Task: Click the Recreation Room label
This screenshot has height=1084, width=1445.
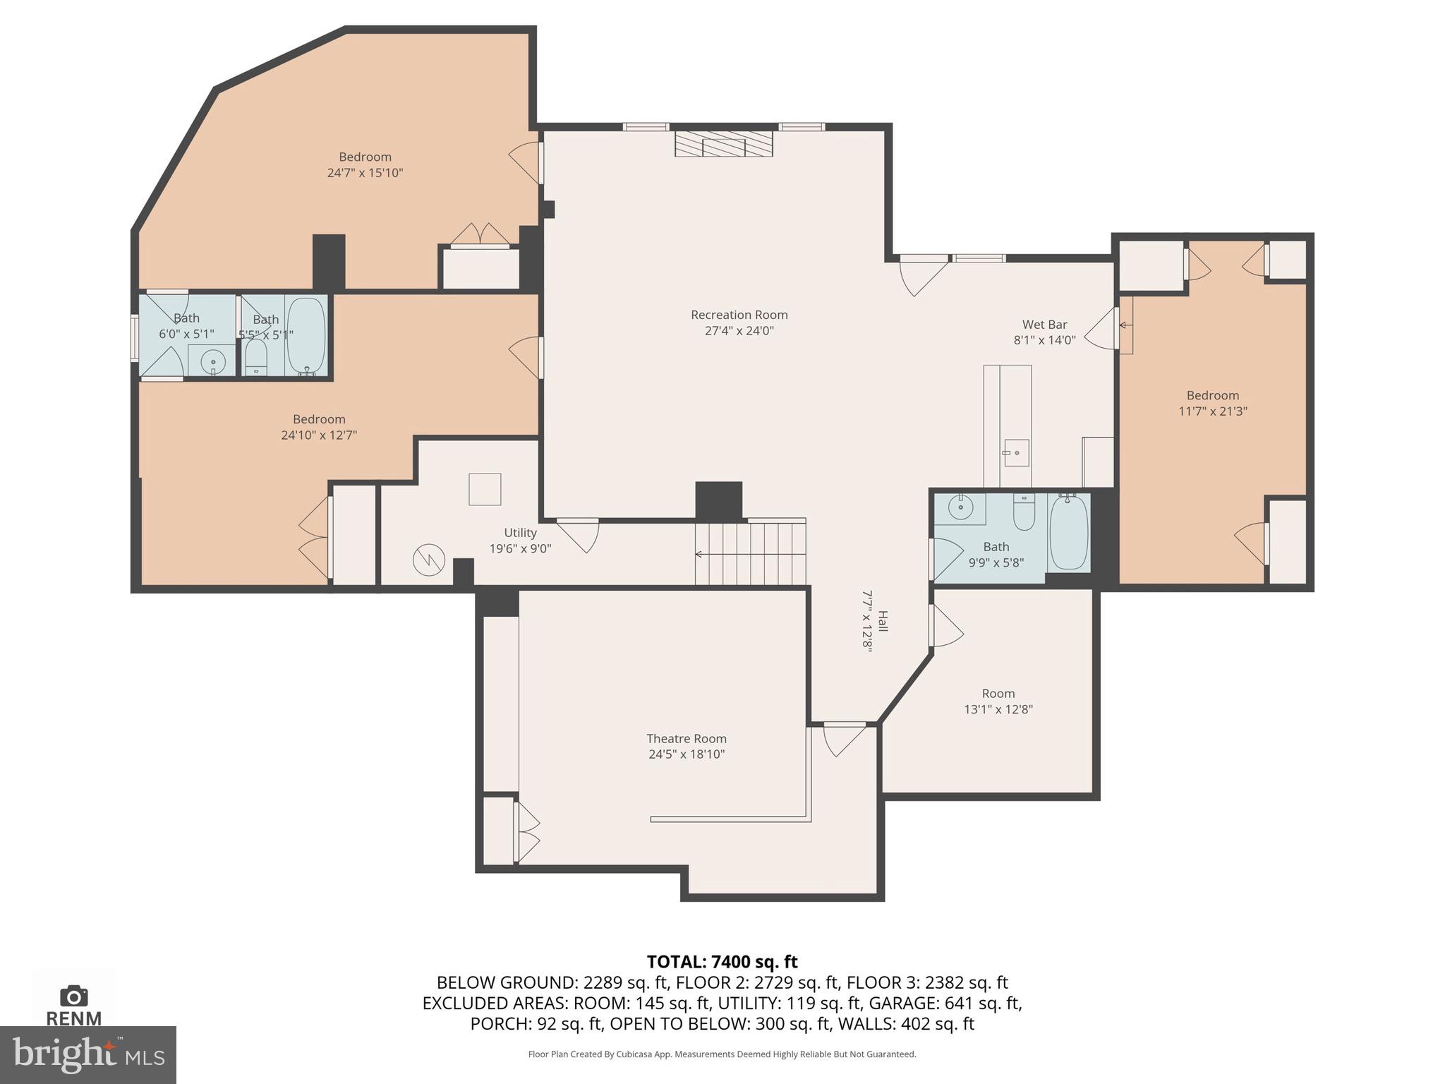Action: pos(739,315)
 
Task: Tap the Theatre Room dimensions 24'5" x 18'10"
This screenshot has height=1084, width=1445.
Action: pos(687,754)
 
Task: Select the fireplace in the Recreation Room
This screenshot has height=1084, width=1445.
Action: pos(723,143)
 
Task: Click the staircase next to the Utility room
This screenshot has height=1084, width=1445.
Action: pos(750,555)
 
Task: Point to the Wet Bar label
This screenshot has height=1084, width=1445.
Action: pos(1044,325)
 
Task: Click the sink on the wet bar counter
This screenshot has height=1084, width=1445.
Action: pos(1016,453)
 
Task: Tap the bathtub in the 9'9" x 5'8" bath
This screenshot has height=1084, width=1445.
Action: pos(1068,533)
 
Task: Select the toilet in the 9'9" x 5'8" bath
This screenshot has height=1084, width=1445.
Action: pos(1024,513)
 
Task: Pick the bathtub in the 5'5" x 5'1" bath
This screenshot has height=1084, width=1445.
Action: pos(306,336)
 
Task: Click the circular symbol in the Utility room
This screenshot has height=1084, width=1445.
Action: pos(429,560)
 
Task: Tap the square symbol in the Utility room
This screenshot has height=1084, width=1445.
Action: pos(485,489)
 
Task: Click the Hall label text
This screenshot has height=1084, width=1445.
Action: pos(882,621)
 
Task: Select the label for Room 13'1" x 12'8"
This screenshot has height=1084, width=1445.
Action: pos(998,694)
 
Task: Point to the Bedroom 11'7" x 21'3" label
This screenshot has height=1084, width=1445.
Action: pos(1212,396)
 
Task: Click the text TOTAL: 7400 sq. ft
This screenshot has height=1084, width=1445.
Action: pos(722,961)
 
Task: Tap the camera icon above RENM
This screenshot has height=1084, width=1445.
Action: pos(73,996)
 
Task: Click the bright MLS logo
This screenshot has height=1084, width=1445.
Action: pos(87,1054)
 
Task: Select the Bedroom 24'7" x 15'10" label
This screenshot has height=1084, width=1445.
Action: pos(365,157)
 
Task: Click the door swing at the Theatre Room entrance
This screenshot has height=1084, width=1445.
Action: pos(843,739)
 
